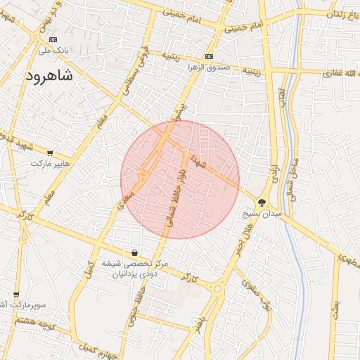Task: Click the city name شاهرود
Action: pyautogui.click(x=49, y=76)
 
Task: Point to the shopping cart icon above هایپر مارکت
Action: pyautogui.click(x=49, y=153)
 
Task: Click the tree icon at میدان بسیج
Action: pyautogui.click(x=262, y=202)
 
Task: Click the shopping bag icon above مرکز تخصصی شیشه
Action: pyautogui.click(x=134, y=252)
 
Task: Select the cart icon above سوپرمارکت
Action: pyautogui.click(x=17, y=295)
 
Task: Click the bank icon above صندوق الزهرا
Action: pyautogui.click(x=209, y=57)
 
